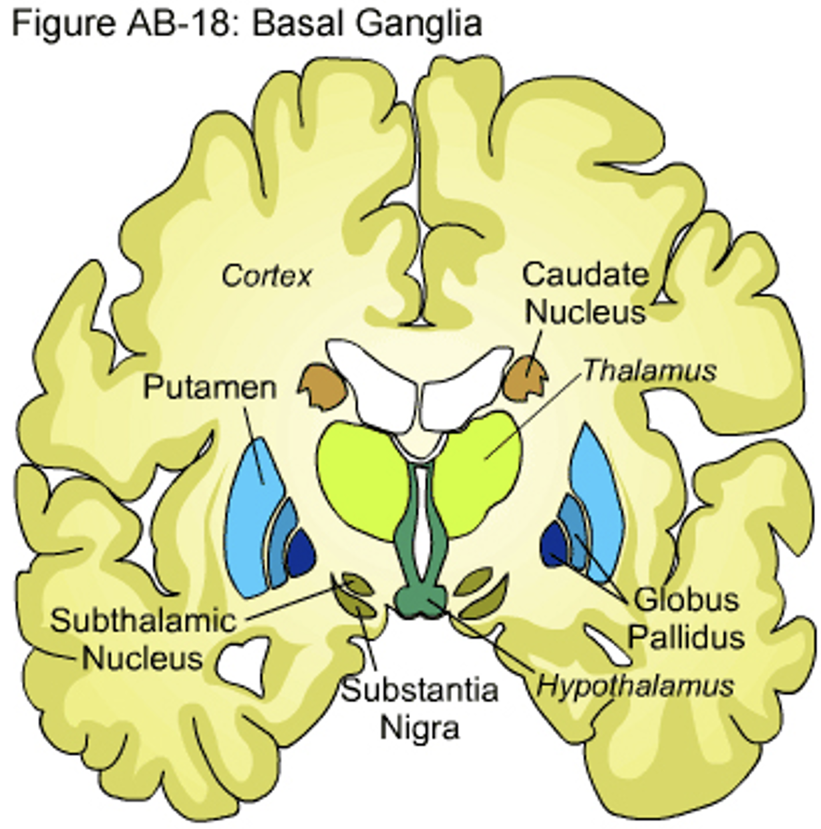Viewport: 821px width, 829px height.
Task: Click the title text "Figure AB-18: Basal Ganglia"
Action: (x=246, y=24)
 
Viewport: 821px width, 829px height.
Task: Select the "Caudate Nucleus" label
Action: (x=585, y=293)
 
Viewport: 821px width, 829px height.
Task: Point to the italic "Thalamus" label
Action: (x=649, y=371)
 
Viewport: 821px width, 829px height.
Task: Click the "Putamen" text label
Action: (x=210, y=387)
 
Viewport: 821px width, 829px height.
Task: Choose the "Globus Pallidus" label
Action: (x=686, y=618)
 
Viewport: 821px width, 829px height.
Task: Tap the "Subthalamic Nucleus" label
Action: (x=143, y=639)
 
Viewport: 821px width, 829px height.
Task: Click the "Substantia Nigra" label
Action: (x=420, y=708)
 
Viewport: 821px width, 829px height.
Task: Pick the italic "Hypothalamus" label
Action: (x=635, y=686)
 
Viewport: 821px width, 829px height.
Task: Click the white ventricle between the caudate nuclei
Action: (x=419, y=379)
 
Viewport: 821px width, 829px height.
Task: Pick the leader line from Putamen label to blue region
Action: (x=255, y=442)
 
